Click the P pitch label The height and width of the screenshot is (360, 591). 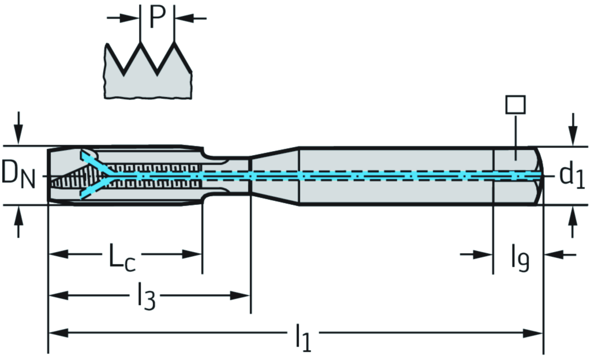point(158,17)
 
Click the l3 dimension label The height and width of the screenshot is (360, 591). point(146,297)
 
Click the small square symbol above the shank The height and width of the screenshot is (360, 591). point(515,104)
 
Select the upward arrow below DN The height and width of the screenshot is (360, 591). point(20,222)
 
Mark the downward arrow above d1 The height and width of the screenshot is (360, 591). point(573,128)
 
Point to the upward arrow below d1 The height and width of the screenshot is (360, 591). point(573,222)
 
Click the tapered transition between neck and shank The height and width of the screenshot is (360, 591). point(274,175)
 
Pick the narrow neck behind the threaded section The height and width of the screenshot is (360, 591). point(228,175)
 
